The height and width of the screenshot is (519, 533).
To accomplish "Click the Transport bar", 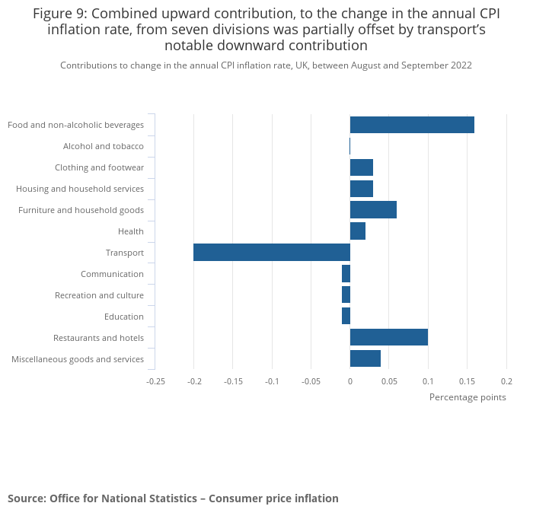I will (271, 253).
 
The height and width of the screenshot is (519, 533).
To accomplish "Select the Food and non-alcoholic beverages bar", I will (412, 125).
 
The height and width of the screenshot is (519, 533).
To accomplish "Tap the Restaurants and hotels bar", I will (388, 337).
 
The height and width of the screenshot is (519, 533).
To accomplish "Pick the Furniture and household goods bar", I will (373, 210).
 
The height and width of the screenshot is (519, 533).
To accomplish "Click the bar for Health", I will (358, 231).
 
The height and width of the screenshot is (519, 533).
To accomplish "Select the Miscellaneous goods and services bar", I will (365, 358).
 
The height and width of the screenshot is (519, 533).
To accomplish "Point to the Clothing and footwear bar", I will (362, 167).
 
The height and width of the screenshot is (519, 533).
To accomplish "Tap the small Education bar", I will (346, 316).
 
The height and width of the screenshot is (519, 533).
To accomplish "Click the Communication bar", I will (346, 274).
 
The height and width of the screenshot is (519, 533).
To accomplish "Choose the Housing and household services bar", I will (362, 189).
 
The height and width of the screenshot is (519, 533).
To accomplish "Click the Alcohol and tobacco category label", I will (104, 146).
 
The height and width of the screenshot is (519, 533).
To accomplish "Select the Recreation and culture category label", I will (99, 295).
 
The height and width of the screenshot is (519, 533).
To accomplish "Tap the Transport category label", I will (125, 253).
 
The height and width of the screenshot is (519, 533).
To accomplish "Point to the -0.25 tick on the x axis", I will (155, 380).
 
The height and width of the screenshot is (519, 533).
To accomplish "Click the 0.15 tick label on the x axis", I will (467, 380).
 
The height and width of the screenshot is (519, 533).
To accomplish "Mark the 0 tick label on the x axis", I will (350, 380).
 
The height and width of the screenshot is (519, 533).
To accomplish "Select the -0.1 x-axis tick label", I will (272, 380).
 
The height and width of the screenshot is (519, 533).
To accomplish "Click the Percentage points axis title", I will (468, 397).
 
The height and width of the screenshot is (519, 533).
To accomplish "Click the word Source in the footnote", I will (26, 498).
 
